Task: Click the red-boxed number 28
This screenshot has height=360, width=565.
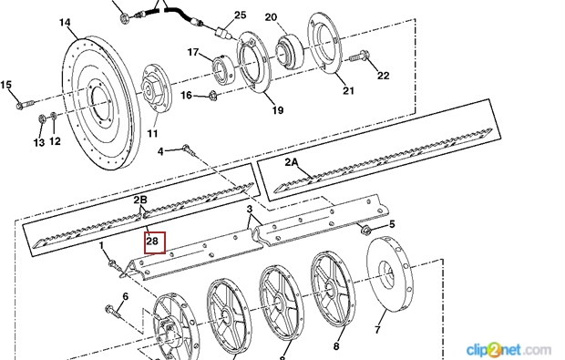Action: click(153, 241)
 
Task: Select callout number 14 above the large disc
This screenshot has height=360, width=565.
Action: click(65, 23)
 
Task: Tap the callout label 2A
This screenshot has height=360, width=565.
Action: click(292, 162)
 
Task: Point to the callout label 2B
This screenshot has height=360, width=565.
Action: click(140, 200)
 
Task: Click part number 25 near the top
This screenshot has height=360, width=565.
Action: click(241, 15)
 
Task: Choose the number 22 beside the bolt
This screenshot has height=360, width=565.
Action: click(384, 76)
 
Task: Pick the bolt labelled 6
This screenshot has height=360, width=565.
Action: click(112, 312)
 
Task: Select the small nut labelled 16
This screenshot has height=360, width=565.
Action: click(212, 95)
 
